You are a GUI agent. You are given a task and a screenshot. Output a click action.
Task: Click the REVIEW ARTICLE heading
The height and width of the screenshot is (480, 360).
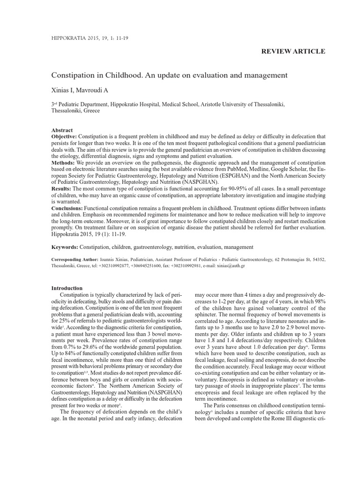pos(293,51)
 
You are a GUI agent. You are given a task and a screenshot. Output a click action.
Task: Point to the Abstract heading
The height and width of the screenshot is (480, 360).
pos(62,130)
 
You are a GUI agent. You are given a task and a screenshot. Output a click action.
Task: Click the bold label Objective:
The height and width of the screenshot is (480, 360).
pos(66,136)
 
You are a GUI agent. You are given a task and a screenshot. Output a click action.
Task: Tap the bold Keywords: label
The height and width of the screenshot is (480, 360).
pos(65,247)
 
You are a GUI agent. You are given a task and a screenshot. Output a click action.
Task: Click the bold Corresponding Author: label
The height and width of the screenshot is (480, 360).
pos(75,259)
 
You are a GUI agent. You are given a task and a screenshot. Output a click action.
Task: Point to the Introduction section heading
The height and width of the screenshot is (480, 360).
pos(67,288)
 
